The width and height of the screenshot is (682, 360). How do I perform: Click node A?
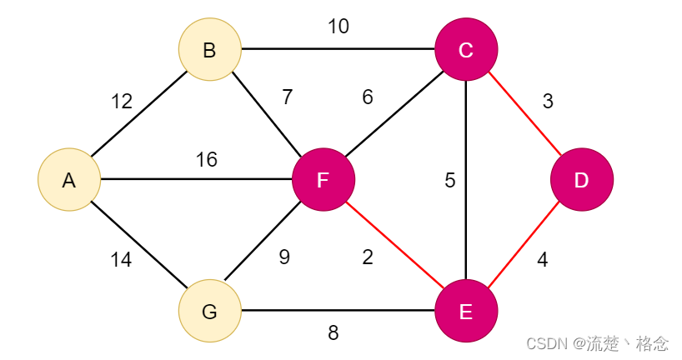[x=69, y=179]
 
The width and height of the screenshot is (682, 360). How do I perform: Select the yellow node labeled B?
[x=209, y=49]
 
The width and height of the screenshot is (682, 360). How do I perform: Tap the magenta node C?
[x=466, y=49]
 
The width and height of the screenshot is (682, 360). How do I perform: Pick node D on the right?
[x=582, y=179]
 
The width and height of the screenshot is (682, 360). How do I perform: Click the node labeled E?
[x=466, y=311]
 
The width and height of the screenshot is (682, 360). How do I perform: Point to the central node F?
[x=323, y=179]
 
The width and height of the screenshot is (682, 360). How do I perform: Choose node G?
[x=209, y=311]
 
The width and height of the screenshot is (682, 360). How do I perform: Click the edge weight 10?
[x=338, y=26]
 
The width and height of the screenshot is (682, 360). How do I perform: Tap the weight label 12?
[x=122, y=102]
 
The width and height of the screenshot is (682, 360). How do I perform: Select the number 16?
[x=206, y=159]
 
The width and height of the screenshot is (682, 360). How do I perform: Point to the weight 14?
[x=121, y=259]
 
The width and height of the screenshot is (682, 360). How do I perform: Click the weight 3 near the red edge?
[x=548, y=102]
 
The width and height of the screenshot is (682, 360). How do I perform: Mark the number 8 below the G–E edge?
[x=333, y=332]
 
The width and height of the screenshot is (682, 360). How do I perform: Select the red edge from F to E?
[x=395, y=245]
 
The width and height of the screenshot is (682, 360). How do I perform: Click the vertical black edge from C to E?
[x=466, y=179]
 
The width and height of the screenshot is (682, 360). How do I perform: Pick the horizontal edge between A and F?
[x=196, y=179]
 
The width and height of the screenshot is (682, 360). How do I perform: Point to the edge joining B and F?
[x=267, y=114]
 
